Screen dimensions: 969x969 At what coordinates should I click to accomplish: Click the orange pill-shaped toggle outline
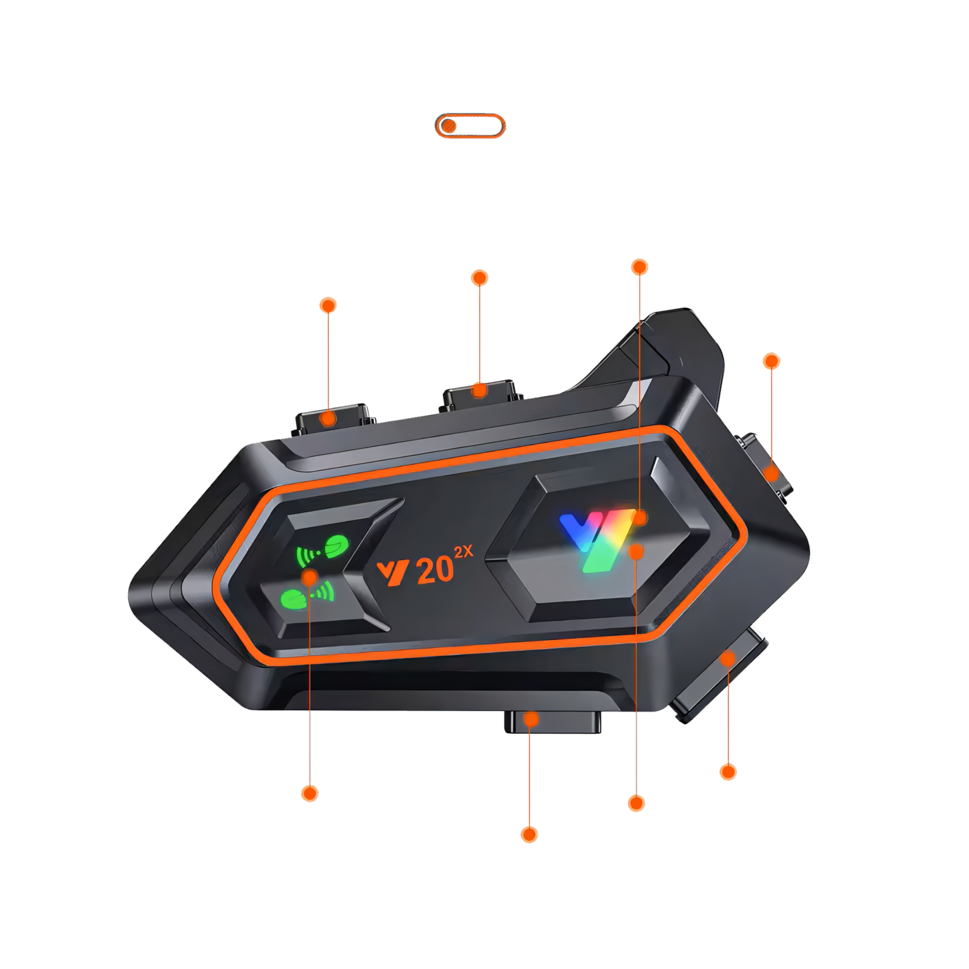[x=470, y=115]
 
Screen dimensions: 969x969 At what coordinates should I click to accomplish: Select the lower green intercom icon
[x=307, y=596]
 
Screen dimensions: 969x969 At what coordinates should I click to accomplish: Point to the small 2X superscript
[x=464, y=552]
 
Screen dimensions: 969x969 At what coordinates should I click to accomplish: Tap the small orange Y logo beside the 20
[x=393, y=573]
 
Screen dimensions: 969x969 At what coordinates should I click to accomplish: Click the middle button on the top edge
[x=480, y=393]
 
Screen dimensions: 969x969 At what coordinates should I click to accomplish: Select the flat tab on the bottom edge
[x=552, y=722]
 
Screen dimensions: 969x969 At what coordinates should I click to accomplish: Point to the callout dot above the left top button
[x=328, y=305]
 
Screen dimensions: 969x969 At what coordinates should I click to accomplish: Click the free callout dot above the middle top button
[x=480, y=278]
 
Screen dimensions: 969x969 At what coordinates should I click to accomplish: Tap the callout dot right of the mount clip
[x=771, y=361]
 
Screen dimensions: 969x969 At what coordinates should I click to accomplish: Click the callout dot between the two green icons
[x=310, y=577]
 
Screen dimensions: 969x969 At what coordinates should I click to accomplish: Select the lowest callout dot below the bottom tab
[x=529, y=835]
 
